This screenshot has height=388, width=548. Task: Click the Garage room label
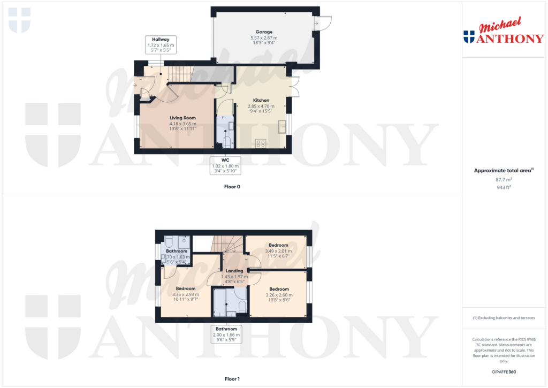pos(264,32)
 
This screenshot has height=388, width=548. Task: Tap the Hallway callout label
pos(161,45)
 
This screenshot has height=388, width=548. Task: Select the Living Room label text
pos(183,118)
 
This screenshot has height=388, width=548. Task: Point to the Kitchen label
pos(261,100)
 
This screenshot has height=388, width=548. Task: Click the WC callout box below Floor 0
pos(225,165)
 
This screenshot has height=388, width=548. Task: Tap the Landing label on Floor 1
pos(234,271)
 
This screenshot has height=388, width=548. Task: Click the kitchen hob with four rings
pos(261,143)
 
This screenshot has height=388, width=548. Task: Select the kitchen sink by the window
pos(282,126)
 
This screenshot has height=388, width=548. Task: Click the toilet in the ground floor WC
pos(227,142)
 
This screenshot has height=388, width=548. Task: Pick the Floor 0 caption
pos(232,187)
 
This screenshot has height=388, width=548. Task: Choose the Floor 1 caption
pos(232,379)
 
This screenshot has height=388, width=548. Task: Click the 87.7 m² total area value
pos(504,179)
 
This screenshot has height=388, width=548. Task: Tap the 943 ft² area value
pos(504,187)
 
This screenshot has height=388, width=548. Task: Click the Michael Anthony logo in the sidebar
pos(504,31)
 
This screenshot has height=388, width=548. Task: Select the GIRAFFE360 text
pos(504,372)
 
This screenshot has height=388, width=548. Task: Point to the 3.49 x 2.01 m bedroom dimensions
pos(278,251)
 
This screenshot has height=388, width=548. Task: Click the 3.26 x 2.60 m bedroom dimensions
pos(279,295)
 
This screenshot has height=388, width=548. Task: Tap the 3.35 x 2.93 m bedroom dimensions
pos(186,294)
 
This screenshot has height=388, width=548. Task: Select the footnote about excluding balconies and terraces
pos(504,318)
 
